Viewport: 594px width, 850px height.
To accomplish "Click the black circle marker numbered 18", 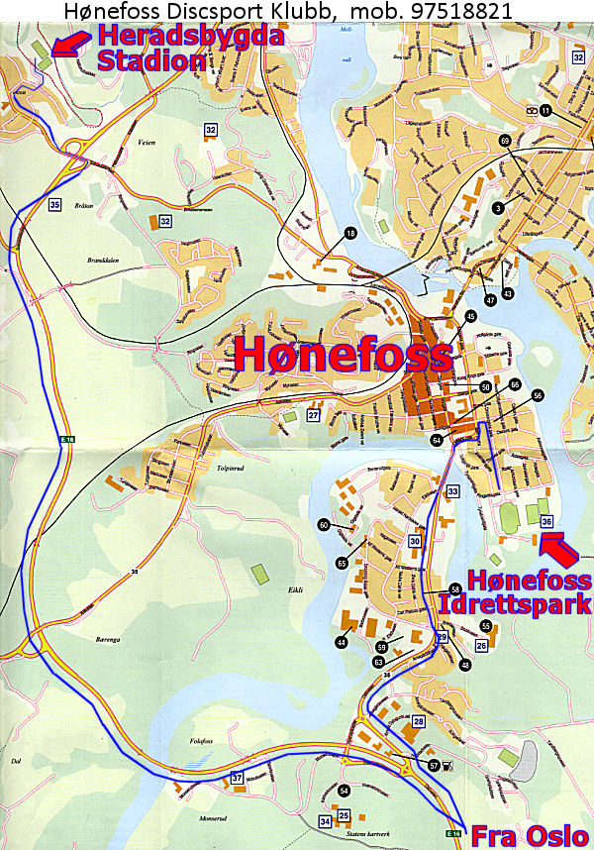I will tap(348, 233).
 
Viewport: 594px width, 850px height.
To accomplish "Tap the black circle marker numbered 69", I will tap(505, 142).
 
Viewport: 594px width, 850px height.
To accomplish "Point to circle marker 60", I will tap(324, 525).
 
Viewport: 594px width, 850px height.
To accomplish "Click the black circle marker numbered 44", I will tap(342, 643).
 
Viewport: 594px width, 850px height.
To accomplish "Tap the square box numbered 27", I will tap(313, 416).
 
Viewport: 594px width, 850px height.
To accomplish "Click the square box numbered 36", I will tap(545, 521).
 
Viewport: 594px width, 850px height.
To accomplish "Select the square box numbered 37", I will tap(237, 778).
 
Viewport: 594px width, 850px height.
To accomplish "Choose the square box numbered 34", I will tap(325, 821).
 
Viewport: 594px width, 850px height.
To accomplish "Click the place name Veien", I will tap(148, 142).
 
